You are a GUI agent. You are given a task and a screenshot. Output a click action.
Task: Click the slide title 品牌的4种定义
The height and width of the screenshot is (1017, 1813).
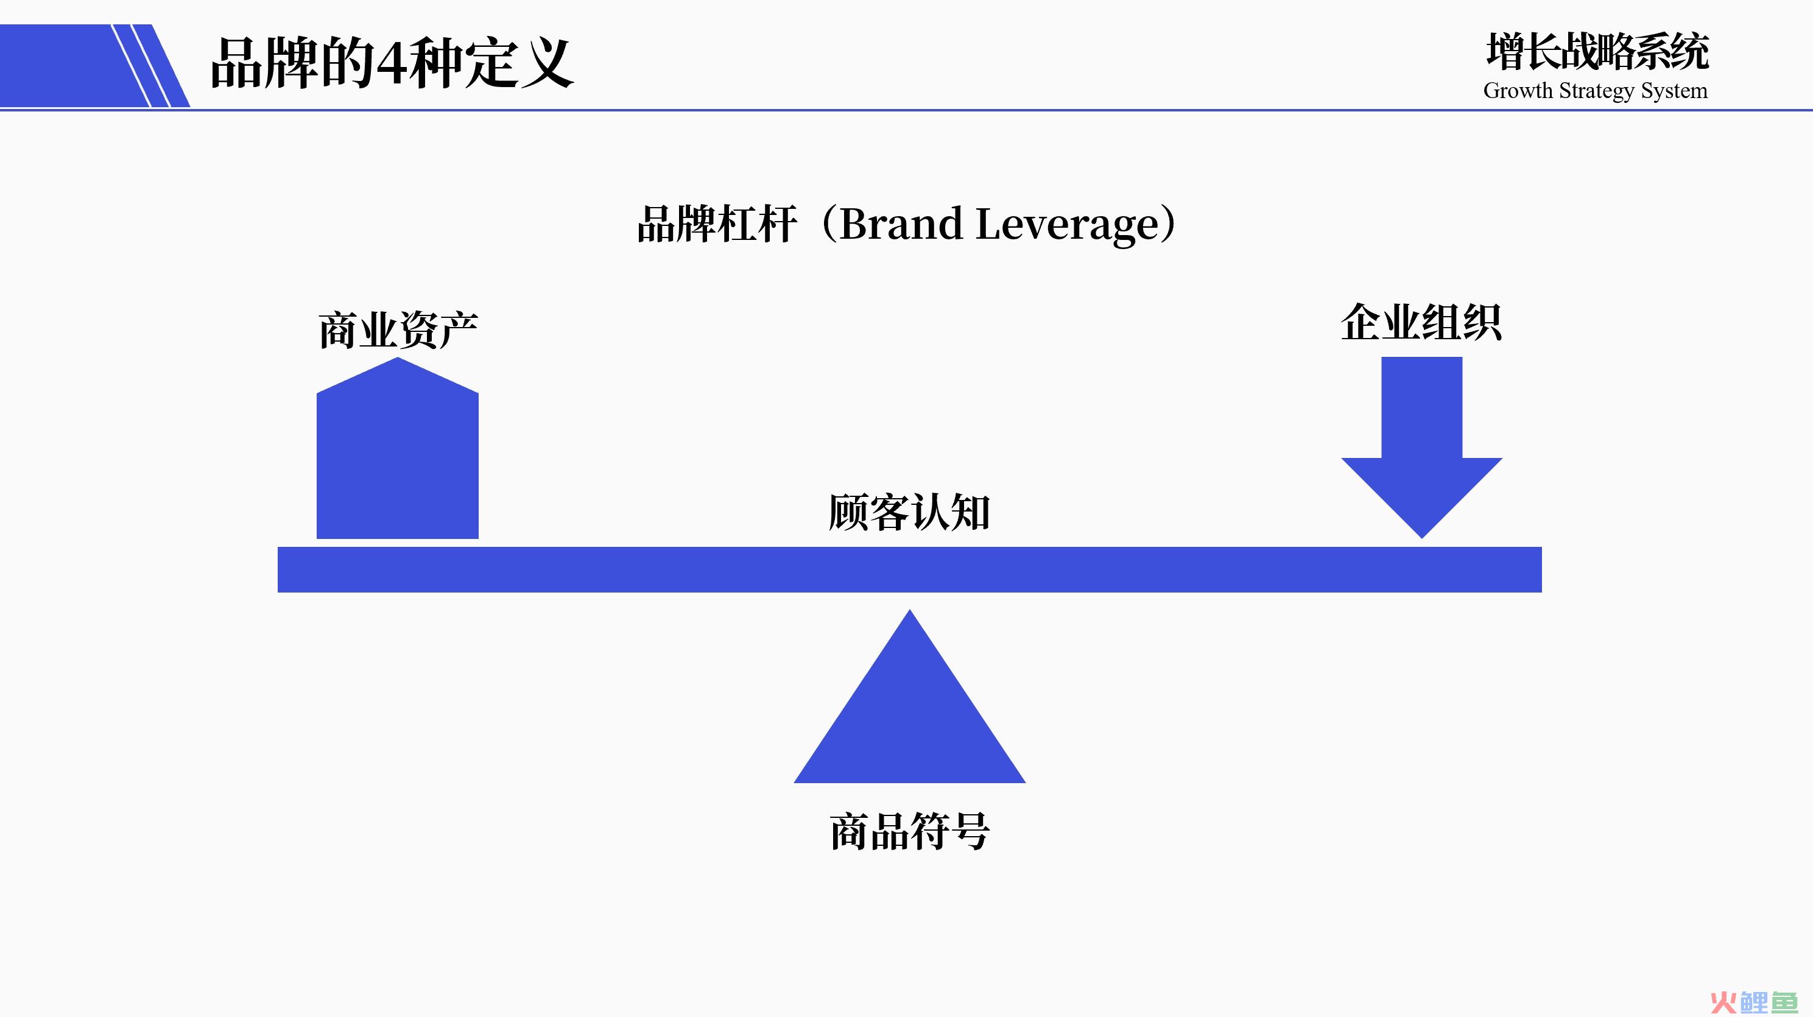(392, 63)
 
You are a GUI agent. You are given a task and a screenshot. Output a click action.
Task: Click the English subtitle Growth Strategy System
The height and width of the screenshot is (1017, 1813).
(1596, 91)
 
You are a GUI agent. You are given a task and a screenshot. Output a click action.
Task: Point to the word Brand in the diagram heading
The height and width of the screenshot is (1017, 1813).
(901, 224)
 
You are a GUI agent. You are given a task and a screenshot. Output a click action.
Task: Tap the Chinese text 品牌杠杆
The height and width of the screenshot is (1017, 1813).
(716, 225)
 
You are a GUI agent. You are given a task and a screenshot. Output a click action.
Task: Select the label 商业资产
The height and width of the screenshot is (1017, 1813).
(398, 329)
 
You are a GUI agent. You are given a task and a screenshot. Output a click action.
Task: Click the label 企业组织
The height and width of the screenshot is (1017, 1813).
(1421, 322)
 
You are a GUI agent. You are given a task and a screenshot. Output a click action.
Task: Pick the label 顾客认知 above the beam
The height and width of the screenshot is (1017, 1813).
(909, 512)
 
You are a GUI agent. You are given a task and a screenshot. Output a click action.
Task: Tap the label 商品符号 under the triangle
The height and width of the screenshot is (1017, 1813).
(909, 831)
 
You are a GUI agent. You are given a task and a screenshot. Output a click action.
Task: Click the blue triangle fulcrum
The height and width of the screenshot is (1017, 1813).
(909, 711)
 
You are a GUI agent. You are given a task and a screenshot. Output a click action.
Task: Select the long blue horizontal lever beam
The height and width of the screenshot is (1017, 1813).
(909, 569)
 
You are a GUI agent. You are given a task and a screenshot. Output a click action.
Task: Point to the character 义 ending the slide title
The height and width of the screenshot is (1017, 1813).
(546, 63)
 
